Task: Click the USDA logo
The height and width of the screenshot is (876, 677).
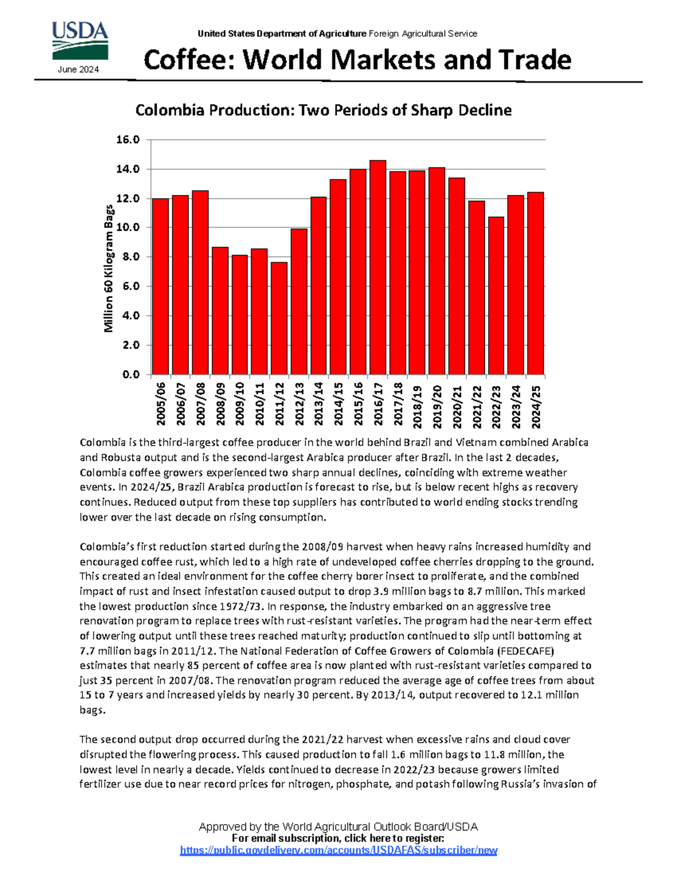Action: coord(80,41)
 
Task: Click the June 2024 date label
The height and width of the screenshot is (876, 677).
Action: coord(78,69)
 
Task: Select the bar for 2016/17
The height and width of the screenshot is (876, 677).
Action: coord(377,267)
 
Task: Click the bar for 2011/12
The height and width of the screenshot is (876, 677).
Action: coord(279,318)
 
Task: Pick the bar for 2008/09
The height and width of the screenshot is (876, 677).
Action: coord(219,311)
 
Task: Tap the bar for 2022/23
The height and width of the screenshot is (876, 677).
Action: coord(496,296)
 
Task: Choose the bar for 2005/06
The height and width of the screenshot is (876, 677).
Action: coord(160,287)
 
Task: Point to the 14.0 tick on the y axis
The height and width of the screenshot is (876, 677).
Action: coord(128,169)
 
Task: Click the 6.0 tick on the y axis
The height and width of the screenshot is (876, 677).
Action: coord(130,287)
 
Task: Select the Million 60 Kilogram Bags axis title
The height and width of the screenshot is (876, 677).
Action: coord(109,268)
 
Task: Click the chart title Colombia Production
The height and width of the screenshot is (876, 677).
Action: coord(323,110)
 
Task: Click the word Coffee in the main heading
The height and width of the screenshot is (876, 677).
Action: coord(188,60)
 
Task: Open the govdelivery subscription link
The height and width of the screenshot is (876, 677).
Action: coord(338,850)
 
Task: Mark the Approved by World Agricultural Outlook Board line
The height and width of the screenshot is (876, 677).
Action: coord(338,826)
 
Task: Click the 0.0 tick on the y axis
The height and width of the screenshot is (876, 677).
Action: coord(130,375)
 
